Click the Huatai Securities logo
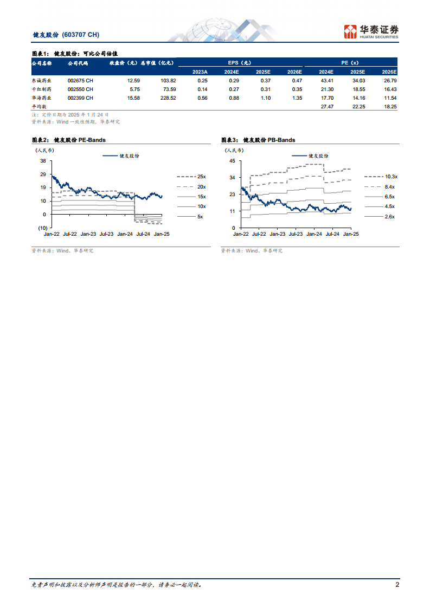coord(371,31)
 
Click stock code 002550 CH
coord(80,89)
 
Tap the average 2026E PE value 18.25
coord(390,107)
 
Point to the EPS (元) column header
coord(240,63)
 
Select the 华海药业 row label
coord(42,98)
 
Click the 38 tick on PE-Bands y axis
coord(43,161)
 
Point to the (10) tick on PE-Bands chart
coord(41,228)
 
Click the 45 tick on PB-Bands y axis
coord(232,161)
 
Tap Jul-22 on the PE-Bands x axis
coord(70,234)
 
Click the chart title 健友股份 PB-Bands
coord(258,140)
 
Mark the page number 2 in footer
coord(397,585)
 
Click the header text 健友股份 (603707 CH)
coord(66,35)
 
